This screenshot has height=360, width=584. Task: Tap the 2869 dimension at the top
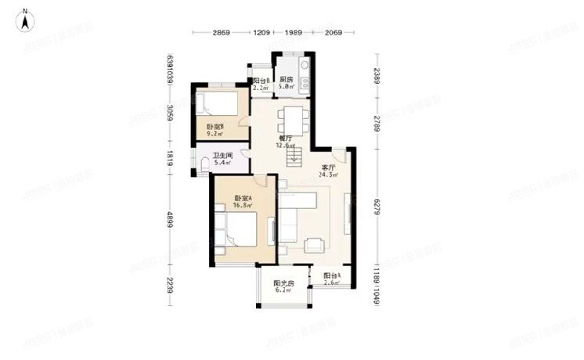[221, 33]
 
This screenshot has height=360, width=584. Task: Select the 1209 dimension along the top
[261, 33]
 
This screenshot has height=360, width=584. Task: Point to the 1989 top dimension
[294, 33]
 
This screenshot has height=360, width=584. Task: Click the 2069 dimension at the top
[333, 33]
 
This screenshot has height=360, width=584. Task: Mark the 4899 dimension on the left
[169, 223]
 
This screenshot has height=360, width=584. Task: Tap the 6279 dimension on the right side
[377, 205]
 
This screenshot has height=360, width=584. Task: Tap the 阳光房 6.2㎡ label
[283, 286]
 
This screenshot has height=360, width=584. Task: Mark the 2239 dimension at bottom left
[169, 286]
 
